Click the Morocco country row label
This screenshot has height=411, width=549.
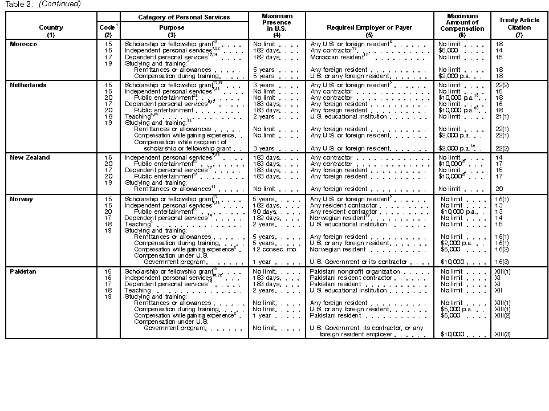23,44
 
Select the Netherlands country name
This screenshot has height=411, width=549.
28,85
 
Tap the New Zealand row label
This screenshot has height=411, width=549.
30,157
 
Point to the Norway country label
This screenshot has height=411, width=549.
22,200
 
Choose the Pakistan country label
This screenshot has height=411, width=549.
23,272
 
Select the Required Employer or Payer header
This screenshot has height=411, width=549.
369,27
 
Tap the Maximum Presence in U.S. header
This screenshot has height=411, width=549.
276,23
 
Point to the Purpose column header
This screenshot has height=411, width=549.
172,27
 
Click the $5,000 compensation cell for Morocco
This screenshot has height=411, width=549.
448,50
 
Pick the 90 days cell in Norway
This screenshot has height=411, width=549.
265,211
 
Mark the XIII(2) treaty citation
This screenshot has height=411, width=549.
503,315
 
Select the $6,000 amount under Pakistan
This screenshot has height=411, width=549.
450,315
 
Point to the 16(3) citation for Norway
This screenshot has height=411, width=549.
502,262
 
